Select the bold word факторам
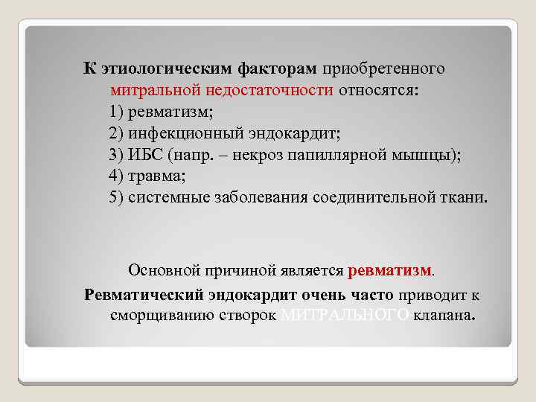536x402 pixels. coord(277,69)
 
